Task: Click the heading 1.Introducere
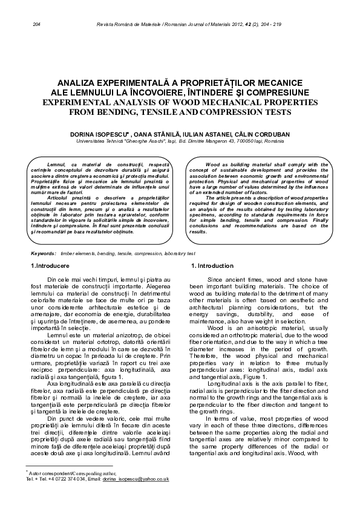coord(50,267)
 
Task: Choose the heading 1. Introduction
coord(212,267)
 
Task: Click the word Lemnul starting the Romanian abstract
coord(56,164)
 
